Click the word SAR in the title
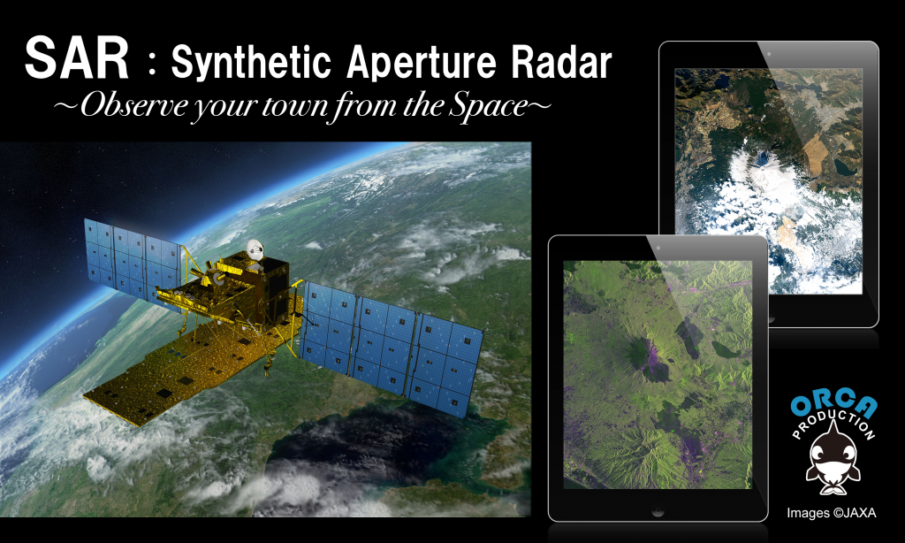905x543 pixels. (x=77, y=58)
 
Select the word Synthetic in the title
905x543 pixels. (x=251, y=63)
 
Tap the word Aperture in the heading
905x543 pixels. (x=422, y=63)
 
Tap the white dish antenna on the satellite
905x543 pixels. (x=255, y=249)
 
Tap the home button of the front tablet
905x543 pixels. (x=658, y=510)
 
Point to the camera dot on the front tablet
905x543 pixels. (x=658, y=248)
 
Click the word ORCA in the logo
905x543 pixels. (x=833, y=405)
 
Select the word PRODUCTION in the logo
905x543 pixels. (x=834, y=424)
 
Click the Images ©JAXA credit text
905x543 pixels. (x=831, y=512)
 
